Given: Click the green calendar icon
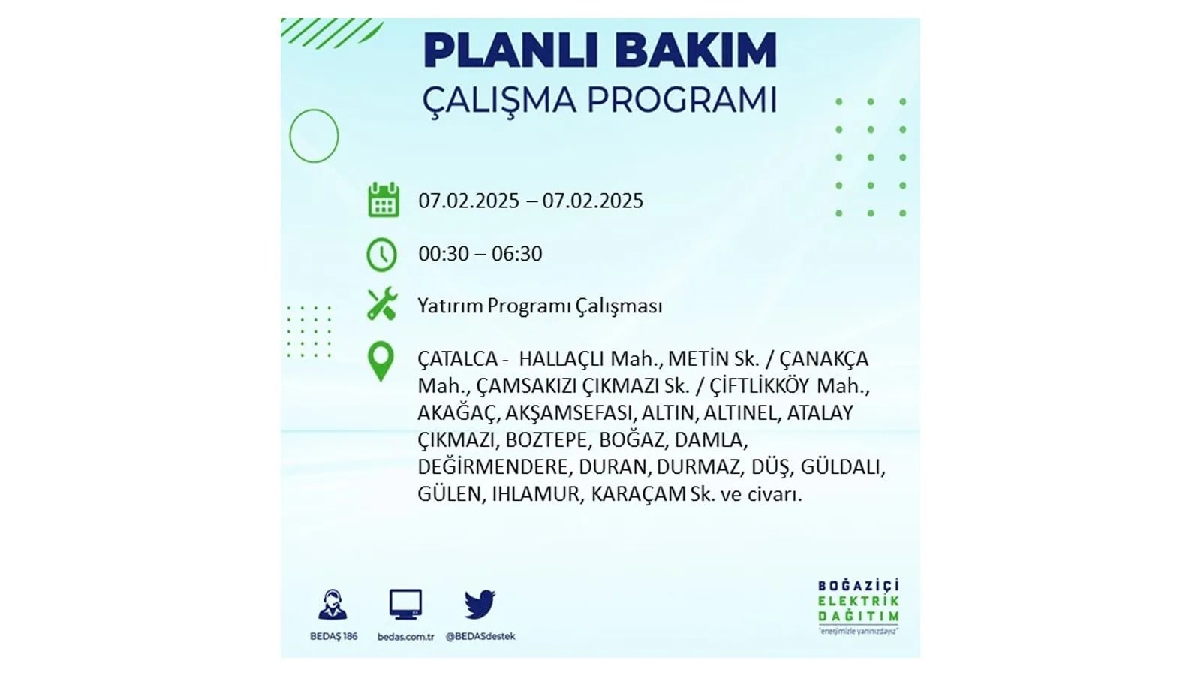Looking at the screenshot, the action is pyautogui.click(x=384, y=200).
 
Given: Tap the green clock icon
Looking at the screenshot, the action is pyautogui.click(x=382, y=255).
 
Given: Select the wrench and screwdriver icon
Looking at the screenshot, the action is pyautogui.click(x=382, y=304).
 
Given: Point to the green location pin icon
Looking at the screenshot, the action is pyautogui.click(x=381, y=361).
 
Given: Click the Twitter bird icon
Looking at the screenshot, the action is pyautogui.click(x=480, y=604).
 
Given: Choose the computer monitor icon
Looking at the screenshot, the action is pyautogui.click(x=405, y=604).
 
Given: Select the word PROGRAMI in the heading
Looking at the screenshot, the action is pyautogui.click(x=682, y=100).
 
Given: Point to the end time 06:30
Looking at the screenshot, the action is pyautogui.click(x=517, y=254).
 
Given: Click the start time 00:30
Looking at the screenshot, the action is pyautogui.click(x=444, y=254).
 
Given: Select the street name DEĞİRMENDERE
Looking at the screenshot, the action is pyautogui.click(x=493, y=466).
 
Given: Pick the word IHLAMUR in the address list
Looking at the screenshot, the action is pyautogui.click(x=536, y=494).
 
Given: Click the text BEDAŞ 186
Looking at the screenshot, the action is pyautogui.click(x=333, y=636).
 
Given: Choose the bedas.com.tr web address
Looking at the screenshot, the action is pyautogui.click(x=405, y=637).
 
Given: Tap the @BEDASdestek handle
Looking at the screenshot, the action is pyautogui.click(x=480, y=636).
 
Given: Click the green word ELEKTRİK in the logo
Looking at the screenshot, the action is pyautogui.click(x=859, y=601).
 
